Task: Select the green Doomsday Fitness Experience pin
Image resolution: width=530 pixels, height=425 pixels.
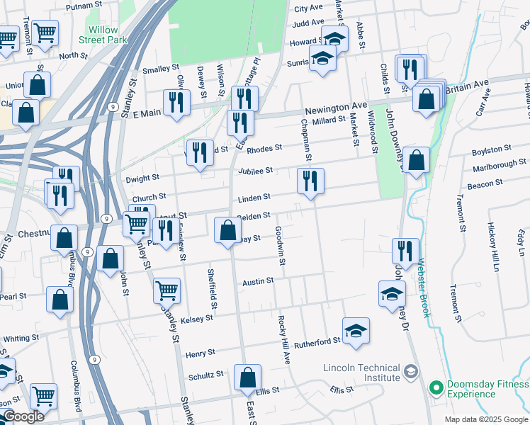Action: (x=435, y=388)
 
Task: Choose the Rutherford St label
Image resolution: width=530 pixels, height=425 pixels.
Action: (x=317, y=342)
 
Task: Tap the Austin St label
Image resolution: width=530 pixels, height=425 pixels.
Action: (x=258, y=282)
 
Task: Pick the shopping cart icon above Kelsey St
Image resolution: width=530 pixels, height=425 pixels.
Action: (x=167, y=289)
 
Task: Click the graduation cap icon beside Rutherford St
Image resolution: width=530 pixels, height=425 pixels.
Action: (x=356, y=329)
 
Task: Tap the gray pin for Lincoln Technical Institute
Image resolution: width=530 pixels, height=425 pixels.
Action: (x=410, y=372)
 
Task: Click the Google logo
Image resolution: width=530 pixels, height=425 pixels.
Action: (x=23, y=416)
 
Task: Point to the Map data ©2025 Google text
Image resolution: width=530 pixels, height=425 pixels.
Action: (x=486, y=419)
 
